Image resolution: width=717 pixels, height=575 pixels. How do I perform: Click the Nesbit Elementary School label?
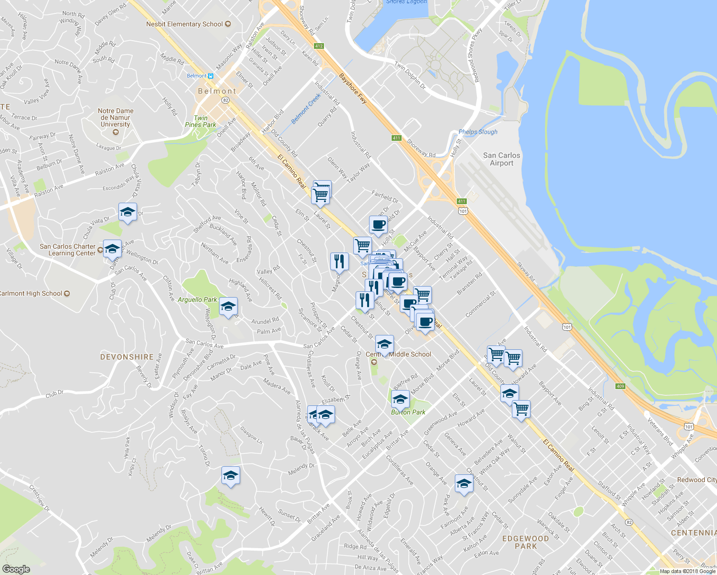185,24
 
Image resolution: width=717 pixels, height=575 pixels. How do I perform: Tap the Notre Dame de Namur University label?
116,117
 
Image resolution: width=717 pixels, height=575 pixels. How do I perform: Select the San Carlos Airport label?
501,159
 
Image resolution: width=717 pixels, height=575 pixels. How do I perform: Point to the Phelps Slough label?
478,132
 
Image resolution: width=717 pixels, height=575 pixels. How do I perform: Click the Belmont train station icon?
210,76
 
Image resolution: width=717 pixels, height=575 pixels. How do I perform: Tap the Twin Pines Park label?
200,121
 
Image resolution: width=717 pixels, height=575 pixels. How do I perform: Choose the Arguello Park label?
197,299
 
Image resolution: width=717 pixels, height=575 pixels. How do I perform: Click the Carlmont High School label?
32,293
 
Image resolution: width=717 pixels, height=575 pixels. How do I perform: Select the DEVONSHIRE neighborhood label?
127,357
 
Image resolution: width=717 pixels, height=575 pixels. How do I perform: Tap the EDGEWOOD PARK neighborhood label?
525,542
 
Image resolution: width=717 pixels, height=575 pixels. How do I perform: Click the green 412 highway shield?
319,46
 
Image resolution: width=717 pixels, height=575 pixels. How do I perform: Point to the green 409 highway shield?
621,386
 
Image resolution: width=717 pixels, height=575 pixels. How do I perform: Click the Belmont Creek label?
306,109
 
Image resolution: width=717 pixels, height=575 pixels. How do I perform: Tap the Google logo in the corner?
16,569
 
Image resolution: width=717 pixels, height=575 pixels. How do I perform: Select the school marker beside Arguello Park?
228,307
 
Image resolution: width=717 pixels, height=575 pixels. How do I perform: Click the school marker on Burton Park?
400,399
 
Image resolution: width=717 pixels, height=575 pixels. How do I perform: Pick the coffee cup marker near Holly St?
378,225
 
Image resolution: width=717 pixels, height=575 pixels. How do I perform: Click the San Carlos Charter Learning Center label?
68,250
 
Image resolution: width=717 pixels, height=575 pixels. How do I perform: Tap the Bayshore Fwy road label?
353,89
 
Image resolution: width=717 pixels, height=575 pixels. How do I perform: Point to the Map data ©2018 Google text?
687,571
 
